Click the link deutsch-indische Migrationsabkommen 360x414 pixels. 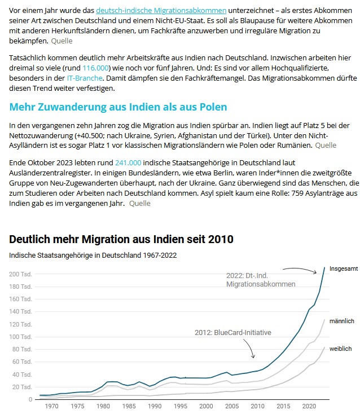[x=161, y=10]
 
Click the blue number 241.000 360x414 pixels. [x=128, y=162]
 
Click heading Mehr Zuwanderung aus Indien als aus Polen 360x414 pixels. [x=118, y=107]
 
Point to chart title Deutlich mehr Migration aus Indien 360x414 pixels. [x=121, y=239]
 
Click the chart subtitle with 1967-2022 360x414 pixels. [x=93, y=255]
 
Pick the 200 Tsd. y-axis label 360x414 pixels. [x=21, y=274]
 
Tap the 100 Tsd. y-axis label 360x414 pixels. [x=21, y=337]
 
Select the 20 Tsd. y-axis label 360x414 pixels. [x=23, y=387]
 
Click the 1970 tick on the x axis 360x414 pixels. [x=51, y=406]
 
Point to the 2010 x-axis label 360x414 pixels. [x=257, y=406]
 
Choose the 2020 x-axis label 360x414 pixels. [x=309, y=406]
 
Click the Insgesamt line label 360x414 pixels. [x=343, y=268]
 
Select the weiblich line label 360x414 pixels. [x=341, y=349]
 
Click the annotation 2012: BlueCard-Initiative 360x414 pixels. [x=232, y=332]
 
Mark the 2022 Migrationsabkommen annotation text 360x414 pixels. [x=261, y=280]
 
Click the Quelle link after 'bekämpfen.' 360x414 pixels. [x=62, y=41]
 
